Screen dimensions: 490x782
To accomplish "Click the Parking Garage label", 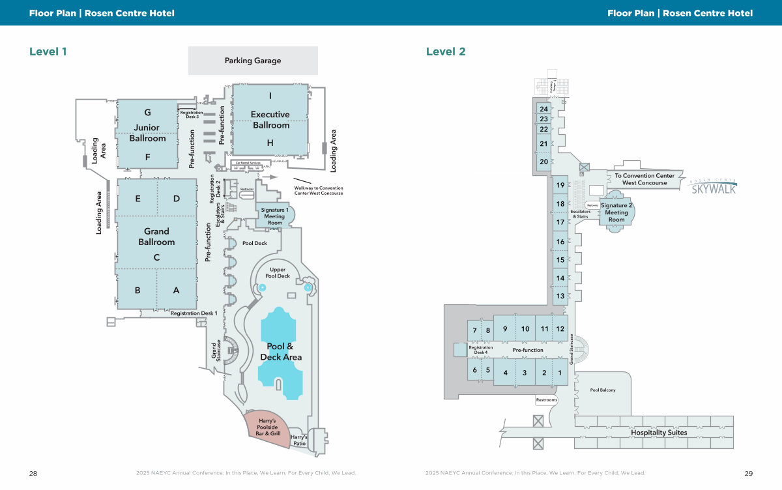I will (253, 61).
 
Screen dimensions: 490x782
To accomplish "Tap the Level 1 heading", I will (48, 51).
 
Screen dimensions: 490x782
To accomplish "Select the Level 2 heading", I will (446, 51).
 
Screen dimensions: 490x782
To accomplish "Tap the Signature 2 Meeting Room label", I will (616, 212).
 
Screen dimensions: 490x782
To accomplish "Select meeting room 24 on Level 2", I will (543, 109).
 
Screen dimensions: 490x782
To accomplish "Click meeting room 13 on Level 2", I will (560, 296).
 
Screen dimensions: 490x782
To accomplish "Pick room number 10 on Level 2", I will (525, 329).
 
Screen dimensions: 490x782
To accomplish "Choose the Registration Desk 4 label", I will (481, 350).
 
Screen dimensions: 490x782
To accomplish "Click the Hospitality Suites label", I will (659, 433).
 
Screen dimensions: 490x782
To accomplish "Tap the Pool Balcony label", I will (603, 390).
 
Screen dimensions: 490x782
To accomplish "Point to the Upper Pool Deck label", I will (278, 273).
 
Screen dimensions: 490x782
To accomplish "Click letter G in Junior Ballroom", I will (147, 113).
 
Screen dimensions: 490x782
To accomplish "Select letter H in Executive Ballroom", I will (270, 143).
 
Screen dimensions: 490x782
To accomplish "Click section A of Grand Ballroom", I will (176, 291).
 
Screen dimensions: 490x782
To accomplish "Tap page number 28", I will (33, 473).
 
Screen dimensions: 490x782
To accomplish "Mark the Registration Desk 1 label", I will (194, 313).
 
